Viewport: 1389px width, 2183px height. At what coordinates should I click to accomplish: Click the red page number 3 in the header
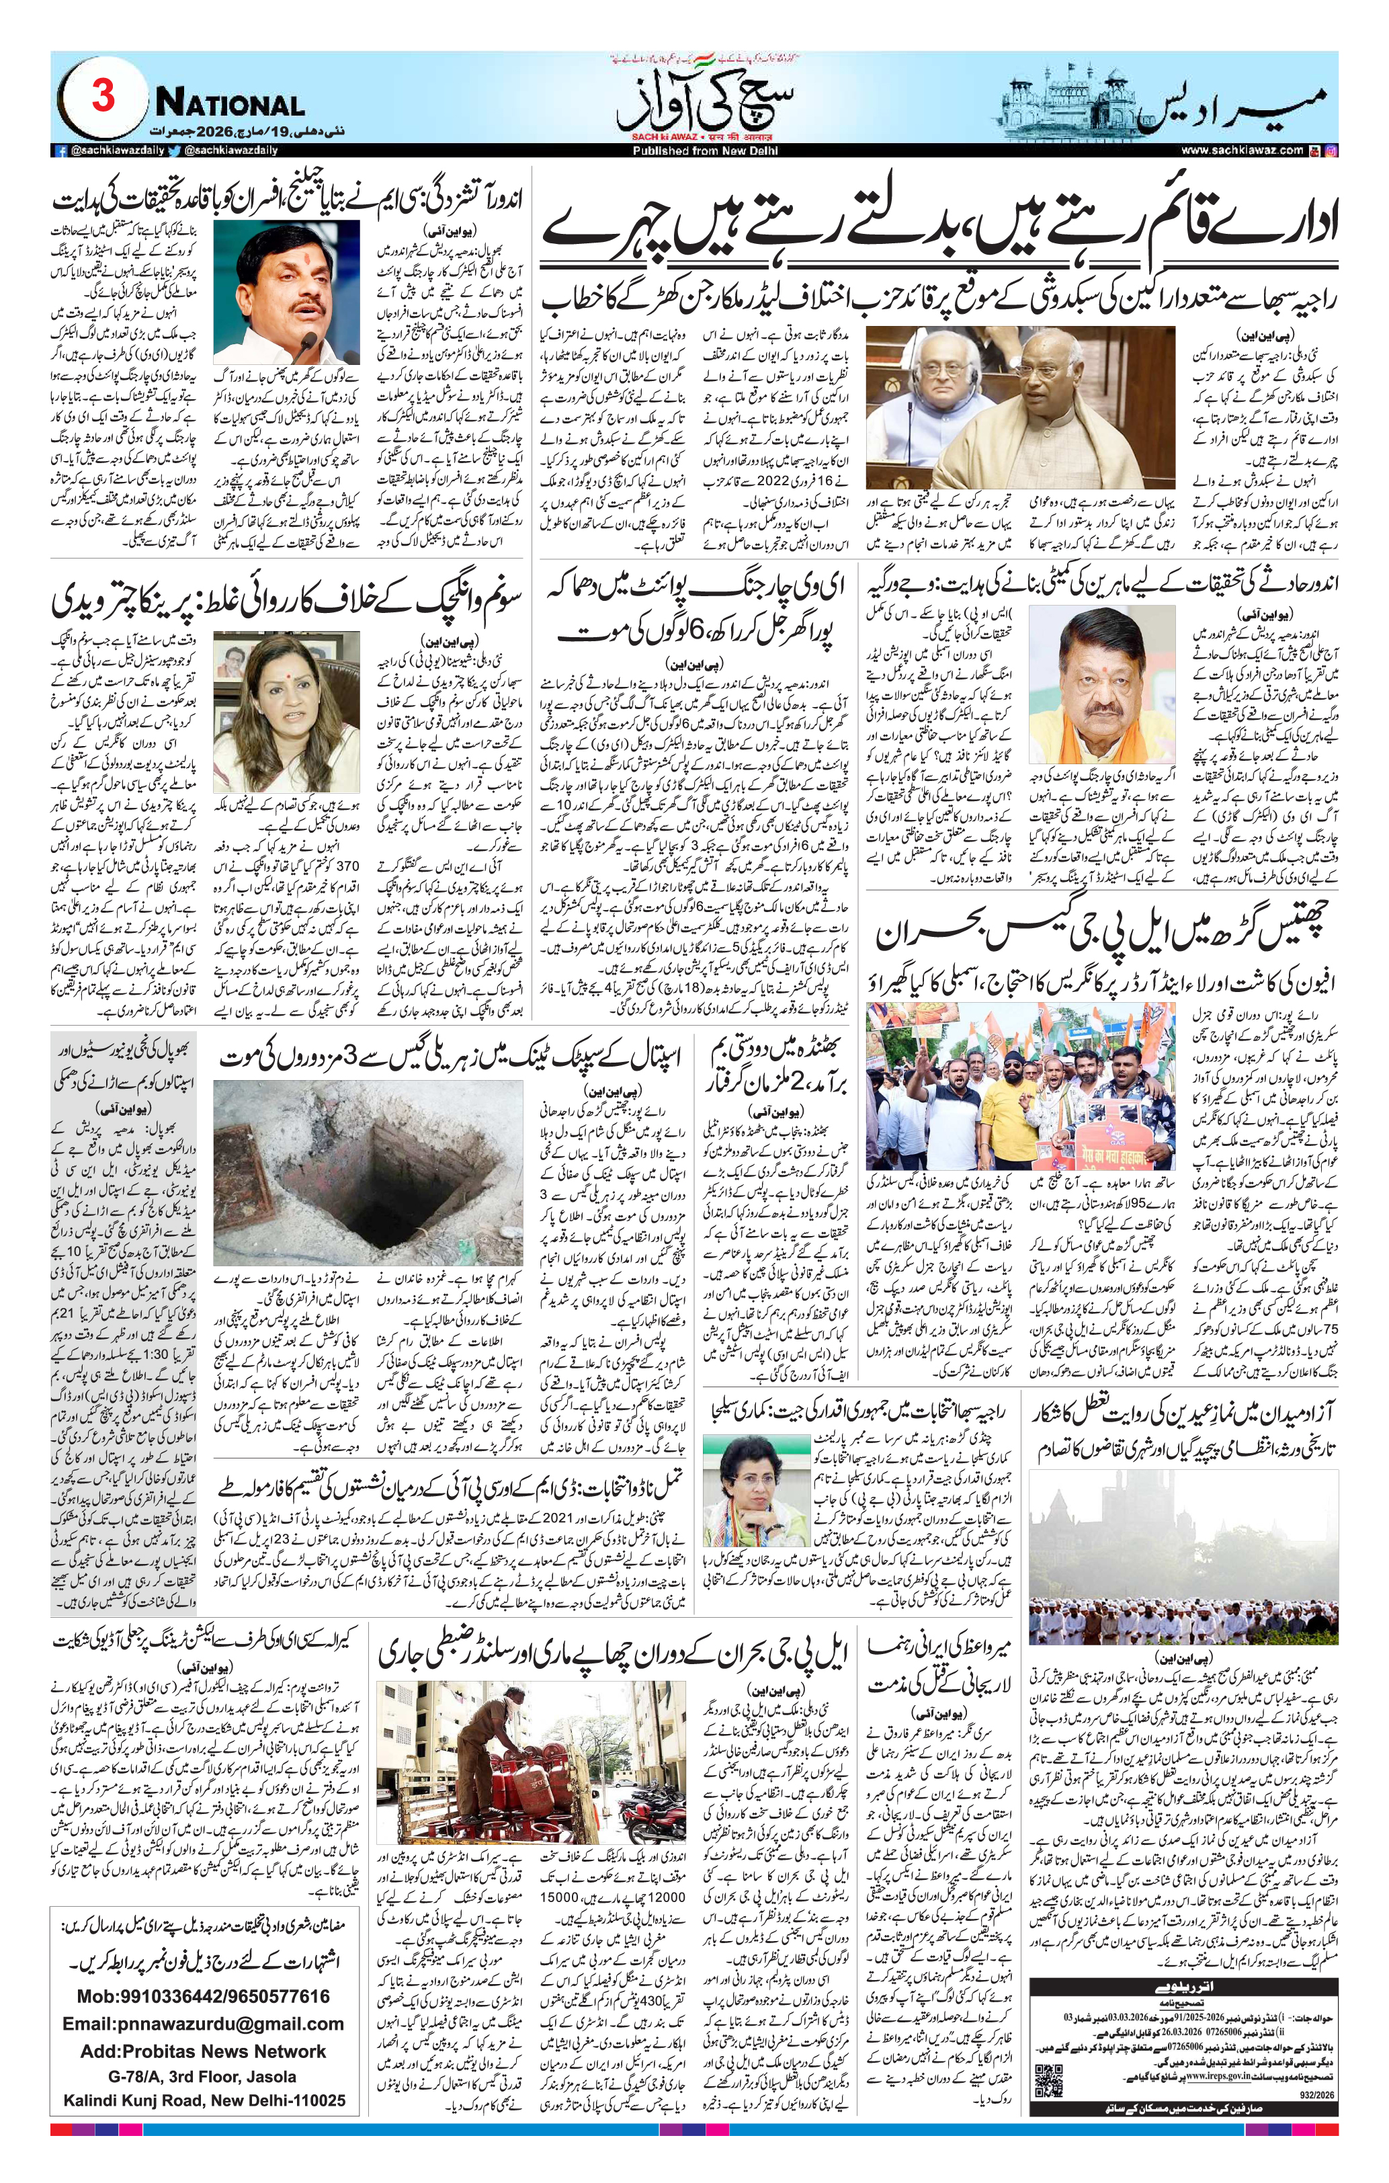pyautogui.click(x=102, y=96)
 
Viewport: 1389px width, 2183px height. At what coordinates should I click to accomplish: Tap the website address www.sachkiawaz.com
pyautogui.click(x=1241, y=151)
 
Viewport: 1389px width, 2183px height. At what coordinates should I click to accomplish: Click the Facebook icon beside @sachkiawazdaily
pyautogui.click(x=60, y=151)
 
